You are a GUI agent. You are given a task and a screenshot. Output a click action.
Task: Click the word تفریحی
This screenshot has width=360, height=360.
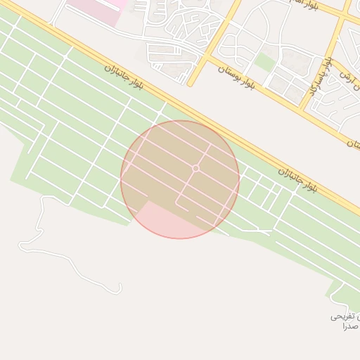tap(344, 317)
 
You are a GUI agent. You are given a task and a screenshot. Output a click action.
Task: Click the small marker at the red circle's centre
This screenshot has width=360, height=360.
tap(195, 168)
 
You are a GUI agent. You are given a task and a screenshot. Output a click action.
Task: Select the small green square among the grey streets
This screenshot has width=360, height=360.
tap(264, 62)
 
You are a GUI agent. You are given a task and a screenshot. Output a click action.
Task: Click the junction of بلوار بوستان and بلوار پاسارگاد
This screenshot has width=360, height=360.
tap(302, 107)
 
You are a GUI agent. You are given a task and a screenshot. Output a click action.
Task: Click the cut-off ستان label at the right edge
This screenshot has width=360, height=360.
tap(353, 143)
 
